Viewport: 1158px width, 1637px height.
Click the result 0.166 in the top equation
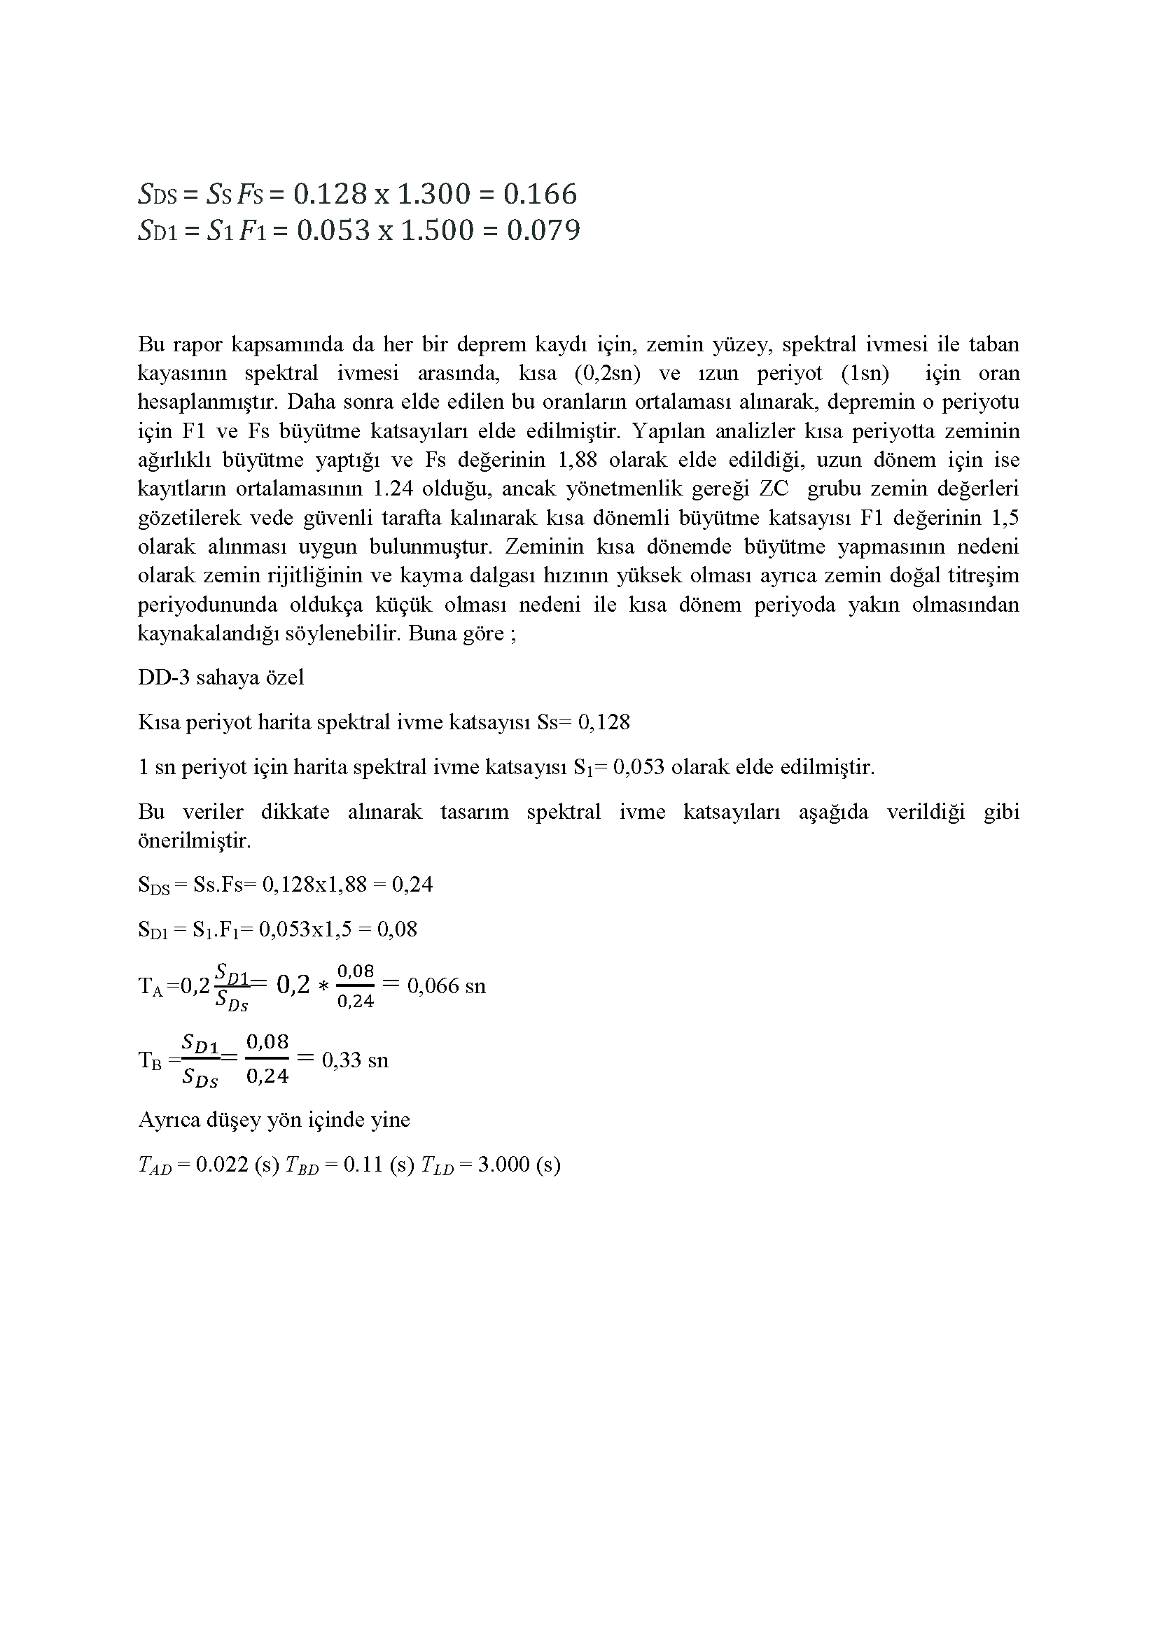coord(540,194)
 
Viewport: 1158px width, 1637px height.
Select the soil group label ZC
coord(774,489)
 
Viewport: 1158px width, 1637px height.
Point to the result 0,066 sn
coord(446,986)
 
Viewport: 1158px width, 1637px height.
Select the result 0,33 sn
coord(355,1060)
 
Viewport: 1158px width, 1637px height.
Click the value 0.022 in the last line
coord(221,1165)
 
